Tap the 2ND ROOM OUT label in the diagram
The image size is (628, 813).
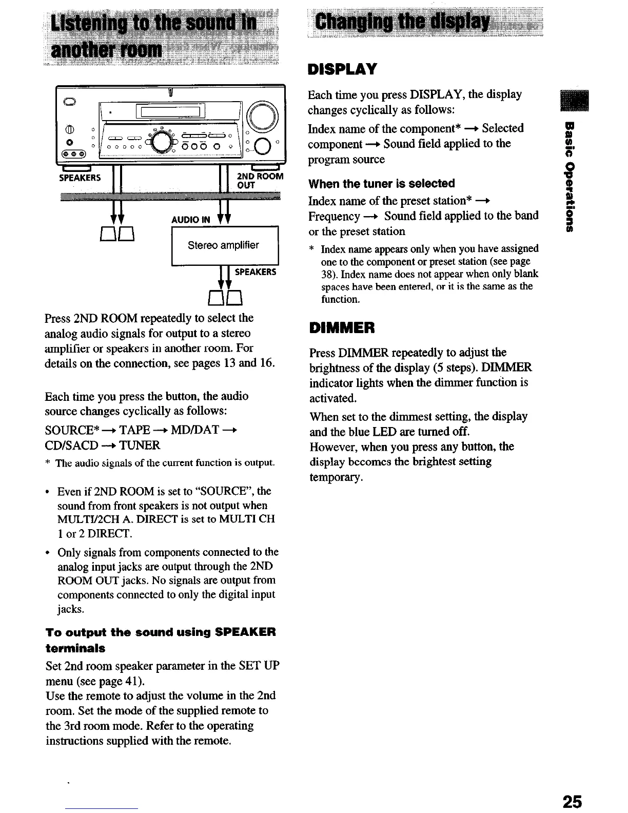pos(260,181)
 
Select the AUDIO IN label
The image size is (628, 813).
pos(191,220)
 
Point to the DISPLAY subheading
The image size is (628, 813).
pos(342,69)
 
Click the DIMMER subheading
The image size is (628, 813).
pos(342,327)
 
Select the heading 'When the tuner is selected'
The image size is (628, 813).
pos(381,184)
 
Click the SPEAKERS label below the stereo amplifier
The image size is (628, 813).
pos(255,272)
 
